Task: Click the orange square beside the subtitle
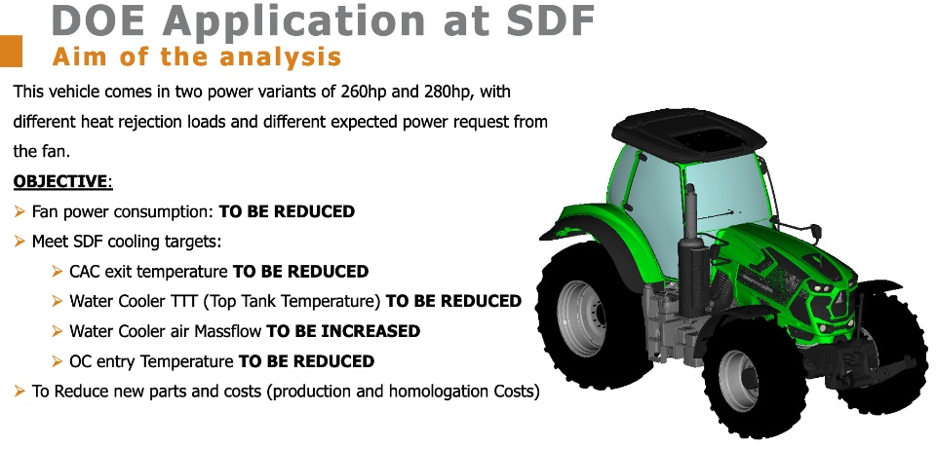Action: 11,52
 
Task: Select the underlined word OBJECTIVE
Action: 60,181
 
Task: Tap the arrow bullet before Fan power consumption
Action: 19,211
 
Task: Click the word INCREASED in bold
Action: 370,331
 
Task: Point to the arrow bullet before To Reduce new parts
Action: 19,392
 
